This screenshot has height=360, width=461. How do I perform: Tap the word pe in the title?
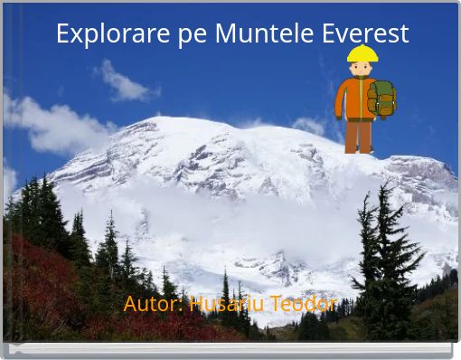192,35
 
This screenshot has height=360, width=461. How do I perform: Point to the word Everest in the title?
364,33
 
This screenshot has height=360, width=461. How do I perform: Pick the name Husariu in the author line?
228,304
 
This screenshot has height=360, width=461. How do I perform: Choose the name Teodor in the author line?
306,304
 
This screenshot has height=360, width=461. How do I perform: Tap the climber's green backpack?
382,98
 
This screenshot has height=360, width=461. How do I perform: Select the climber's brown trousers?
358,136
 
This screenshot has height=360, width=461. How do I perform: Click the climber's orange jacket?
355,99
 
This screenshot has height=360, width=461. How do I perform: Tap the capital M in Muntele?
227,33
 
